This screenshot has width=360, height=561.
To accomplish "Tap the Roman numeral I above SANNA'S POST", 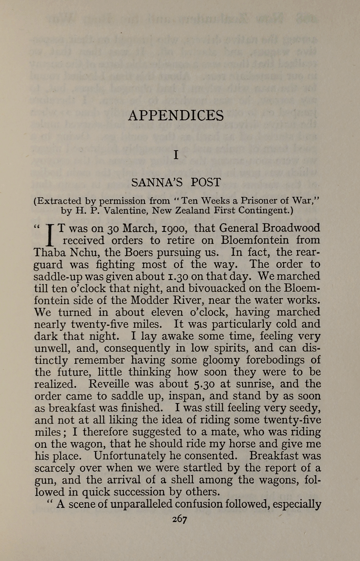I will click(176, 155).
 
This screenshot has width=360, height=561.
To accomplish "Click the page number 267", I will click(180, 519).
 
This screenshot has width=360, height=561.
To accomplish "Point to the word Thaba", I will click(48, 252).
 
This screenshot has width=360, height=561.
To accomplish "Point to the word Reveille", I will click(109, 384).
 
